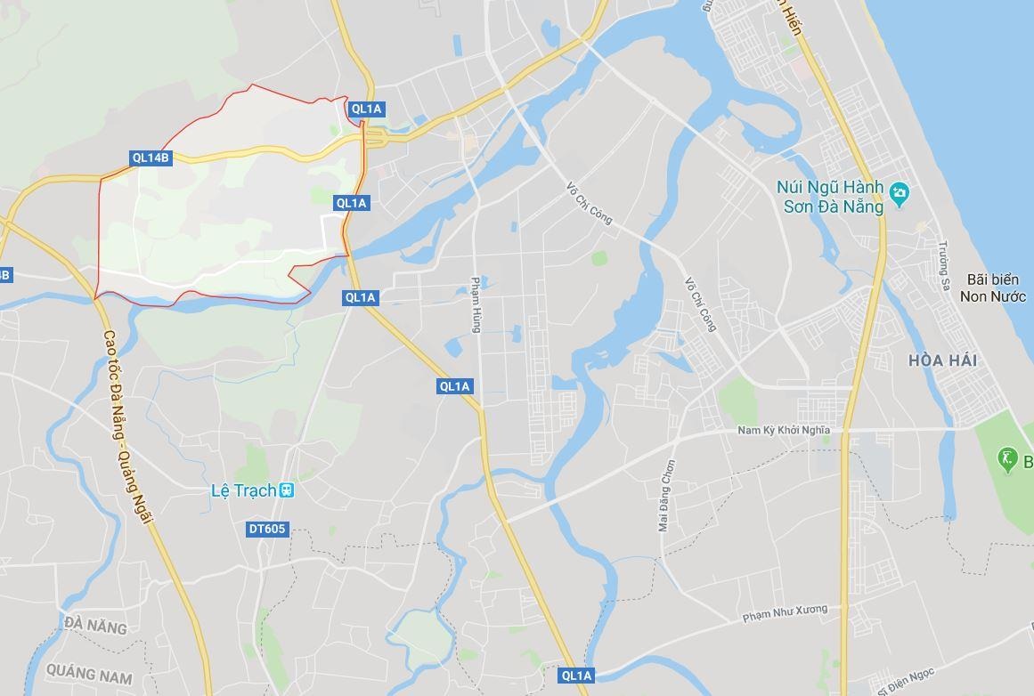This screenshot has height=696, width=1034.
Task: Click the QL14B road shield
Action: tap(151, 158)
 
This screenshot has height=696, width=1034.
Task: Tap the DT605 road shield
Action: tap(267, 530)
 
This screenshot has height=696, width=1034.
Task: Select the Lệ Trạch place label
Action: tap(243, 490)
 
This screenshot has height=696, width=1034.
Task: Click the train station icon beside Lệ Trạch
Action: tap(286, 490)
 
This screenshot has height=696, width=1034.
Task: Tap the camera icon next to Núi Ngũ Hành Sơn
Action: tap(899, 191)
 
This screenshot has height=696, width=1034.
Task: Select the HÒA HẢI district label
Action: tap(943, 360)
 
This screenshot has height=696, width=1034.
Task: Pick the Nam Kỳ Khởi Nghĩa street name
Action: tap(784, 430)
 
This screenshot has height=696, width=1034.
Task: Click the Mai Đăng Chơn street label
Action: tap(667, 495)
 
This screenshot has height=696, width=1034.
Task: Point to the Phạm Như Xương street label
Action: tap(785, 613)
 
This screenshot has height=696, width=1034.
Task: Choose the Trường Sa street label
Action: tap(943, 265)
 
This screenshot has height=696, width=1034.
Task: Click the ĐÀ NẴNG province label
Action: tap(95, 626)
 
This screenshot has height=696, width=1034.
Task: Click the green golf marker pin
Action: tap(1007, 459)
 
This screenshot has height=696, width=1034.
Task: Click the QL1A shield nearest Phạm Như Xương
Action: tap(576, 676)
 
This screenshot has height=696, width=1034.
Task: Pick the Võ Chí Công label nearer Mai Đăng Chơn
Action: tap(700, 304)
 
